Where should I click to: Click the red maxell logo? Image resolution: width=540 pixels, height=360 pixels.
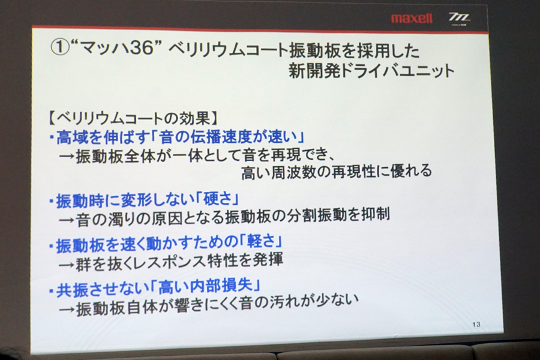coord(412,18)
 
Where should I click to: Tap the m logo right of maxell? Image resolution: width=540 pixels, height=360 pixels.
coord(459,19)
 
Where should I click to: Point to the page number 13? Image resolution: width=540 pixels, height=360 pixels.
coord(476,324)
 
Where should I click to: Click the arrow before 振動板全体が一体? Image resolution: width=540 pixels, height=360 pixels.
coord(67,157)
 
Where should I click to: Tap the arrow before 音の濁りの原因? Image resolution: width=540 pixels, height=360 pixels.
coord(67,220)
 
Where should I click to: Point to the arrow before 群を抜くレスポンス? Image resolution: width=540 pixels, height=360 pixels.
coord(67,264)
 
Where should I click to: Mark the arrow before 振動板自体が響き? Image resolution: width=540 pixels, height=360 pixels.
coord(67,310)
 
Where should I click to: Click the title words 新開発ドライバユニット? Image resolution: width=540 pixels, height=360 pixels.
coord(372,71)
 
